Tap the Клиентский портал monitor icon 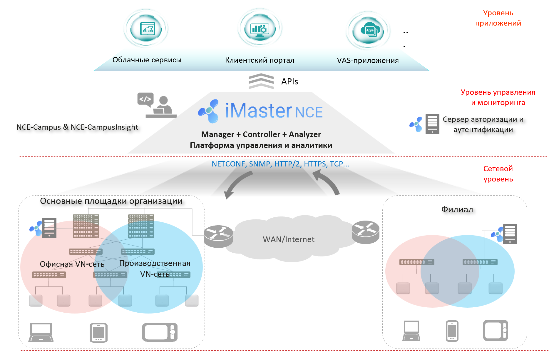(260, 29)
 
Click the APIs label (289, 81)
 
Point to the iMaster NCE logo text (273, 111)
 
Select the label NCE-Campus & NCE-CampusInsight (77, 127)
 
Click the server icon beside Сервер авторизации (432, 124)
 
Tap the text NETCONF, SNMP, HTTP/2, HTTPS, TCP (280, 164)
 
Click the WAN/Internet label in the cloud (289, 239)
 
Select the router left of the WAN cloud (218, 236)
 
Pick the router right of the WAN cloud (366, 232)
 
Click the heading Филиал (457, 209)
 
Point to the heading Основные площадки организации (111, 201)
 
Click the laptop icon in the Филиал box (411, 331)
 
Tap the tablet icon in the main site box (98, 333)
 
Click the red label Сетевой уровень (498, 174)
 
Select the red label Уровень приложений (498, 18)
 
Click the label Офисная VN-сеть (72, 264)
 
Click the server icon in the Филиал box (510, 234)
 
